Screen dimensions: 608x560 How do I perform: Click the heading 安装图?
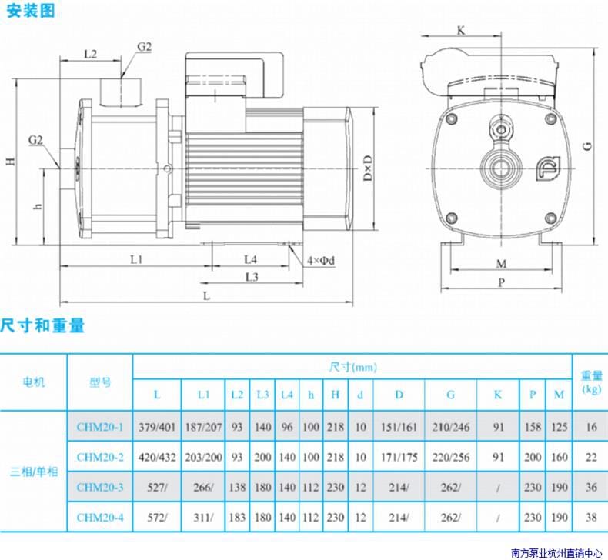pos(31,11)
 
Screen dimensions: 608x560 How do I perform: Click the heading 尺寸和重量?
pos(42,325)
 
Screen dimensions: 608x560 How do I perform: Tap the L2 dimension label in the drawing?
pos(90,54)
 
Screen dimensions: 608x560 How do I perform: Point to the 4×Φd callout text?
pos(321,261)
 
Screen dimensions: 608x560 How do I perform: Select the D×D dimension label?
pos(367,168)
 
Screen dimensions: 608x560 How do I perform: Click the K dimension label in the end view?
pos(461,30)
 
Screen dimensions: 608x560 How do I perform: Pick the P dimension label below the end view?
pos(501,282)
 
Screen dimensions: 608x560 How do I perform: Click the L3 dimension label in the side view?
pos(252,277)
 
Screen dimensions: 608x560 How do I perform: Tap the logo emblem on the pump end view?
pos(548,168)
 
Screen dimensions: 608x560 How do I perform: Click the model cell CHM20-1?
pos(99,427)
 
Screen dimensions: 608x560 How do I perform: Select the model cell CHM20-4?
pos(99,517)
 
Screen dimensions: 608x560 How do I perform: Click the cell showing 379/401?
pos(157,427)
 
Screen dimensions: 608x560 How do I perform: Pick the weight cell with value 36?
pos(591,487)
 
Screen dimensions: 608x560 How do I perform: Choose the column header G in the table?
pos(450,395)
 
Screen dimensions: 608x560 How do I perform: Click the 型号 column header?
pos(100,382)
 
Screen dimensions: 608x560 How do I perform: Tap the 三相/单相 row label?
pos(34,472)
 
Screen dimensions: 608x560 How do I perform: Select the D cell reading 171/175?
pos(399,457)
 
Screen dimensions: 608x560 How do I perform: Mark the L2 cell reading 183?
pos(237,517)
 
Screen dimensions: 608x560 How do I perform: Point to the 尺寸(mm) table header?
pos(352,367)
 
